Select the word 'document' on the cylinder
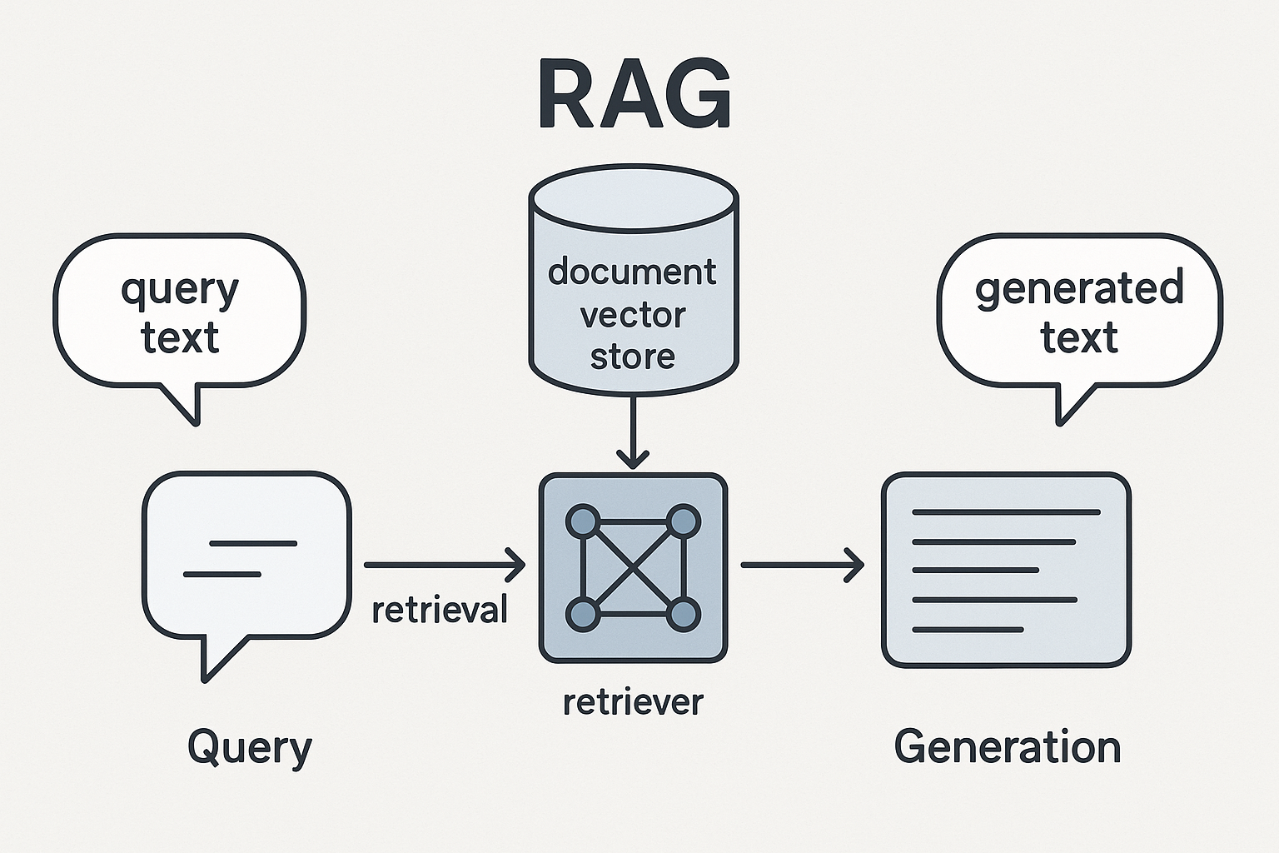point(632,272)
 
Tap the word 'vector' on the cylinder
point(633,316)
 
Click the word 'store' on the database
point(633,357)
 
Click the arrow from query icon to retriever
point(445,566)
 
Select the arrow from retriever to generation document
point(802,566)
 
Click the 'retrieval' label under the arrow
point(439,611)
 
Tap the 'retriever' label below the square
point(633,702)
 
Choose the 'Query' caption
point(249,747)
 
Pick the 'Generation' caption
point(1007,747)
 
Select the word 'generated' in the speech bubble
point(1079,289)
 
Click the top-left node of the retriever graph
point(582,521)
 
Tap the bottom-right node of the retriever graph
point(684,616)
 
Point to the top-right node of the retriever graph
point(684,521)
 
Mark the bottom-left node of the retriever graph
point(582,616)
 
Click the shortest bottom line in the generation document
point(968,630)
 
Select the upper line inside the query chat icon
point(253,543)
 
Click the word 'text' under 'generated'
point(1079,338)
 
